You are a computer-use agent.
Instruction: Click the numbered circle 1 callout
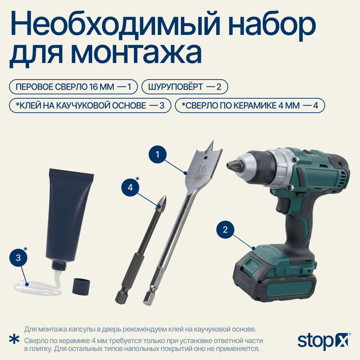[x=158, y=154]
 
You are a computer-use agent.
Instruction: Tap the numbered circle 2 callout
[x=225, y=229]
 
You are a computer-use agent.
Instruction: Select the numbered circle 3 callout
[x=18, y=258]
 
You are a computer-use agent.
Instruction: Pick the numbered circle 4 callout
[x=130, y=187]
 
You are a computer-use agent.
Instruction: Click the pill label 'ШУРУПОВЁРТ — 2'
[x=185, y=87]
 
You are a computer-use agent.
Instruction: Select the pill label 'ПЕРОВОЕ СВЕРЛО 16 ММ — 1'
[x=73, y=87]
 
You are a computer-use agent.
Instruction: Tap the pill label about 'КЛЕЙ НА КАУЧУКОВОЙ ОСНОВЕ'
[x=90, y=105]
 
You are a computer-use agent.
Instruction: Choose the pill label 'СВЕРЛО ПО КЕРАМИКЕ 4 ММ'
[x=250, y=105]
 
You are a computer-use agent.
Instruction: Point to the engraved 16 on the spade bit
[x=201, y=169]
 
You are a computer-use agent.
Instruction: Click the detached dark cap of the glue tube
[x=81, y=286]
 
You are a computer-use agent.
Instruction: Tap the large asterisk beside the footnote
[x=14, y=340]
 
